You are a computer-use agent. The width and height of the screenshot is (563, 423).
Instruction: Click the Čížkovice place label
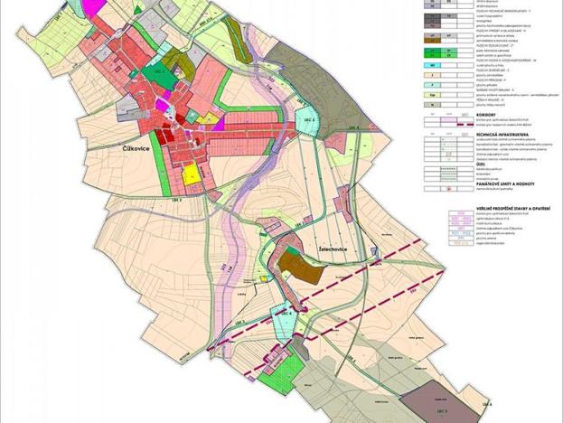tap(136, 157)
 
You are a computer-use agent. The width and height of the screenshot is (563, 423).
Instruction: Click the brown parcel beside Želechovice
tap(292, 265)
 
